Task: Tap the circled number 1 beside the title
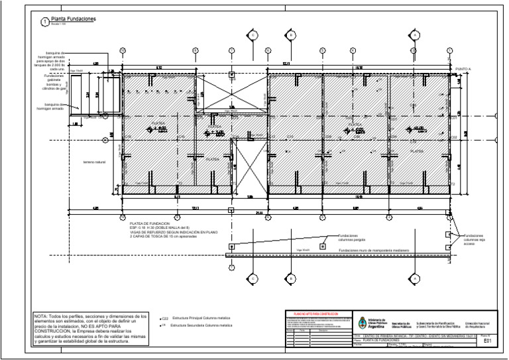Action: (x=44, y=22)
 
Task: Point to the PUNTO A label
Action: (x=464, y=69)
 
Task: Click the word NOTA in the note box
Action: (x=42, y=317)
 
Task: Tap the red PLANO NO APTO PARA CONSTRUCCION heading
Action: (x=311, y=313)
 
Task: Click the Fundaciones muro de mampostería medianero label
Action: (x=375, y=250)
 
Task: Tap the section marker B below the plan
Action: (x=290, y=278)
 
